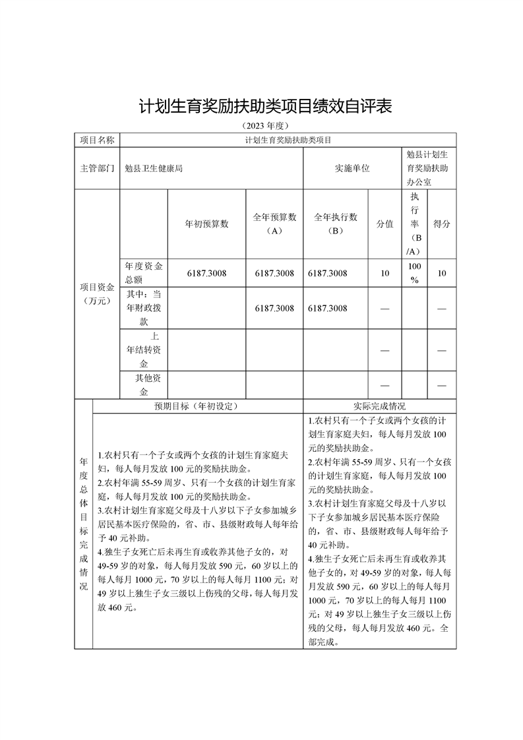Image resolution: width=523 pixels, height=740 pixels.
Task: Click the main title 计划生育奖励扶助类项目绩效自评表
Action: coord(265,106)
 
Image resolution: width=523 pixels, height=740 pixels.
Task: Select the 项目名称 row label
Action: coord(97,140)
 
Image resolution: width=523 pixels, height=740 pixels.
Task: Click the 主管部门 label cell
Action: coord(97,168)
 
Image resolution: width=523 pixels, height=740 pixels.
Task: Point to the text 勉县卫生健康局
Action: coord(154,168)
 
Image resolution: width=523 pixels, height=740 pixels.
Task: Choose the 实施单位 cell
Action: coord(352,168)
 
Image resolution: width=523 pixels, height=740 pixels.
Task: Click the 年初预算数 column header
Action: coord(206,224)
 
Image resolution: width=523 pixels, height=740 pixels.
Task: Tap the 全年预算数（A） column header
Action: coord(274,224)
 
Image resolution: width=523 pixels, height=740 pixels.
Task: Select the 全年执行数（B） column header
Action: coord(335,224)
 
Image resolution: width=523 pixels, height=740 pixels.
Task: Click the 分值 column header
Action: coord(385,224)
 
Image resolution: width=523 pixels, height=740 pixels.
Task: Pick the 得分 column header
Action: coord(442,224)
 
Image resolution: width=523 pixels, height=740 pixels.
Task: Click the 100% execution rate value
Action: coord(414,273)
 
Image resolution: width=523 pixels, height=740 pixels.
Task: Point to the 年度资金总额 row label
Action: coord(144,273)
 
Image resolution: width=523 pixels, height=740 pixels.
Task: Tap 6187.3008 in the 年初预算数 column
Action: coord(206,273)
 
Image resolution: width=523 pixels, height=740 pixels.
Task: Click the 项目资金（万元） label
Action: coord(97,294)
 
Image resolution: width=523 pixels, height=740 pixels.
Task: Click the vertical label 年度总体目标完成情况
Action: coord(84,524)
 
